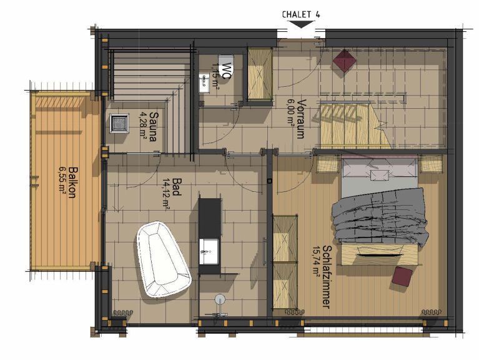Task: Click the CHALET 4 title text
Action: pos(302,14)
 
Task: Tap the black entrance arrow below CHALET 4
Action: pos(302,24)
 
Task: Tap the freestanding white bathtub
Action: pos(162,259)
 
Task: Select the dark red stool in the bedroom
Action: pos(403,276)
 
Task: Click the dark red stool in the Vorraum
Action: pos(344,61)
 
